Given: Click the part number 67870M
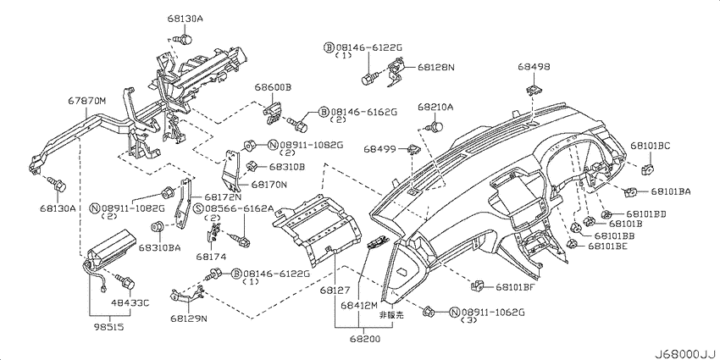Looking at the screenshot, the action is tap(87, 101).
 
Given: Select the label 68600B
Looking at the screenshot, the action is tap(274, 87).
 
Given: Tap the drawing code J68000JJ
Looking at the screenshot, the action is tap(685, 353).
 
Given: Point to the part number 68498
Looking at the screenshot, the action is tap(534, 67).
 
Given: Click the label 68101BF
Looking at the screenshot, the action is tap(516, 287).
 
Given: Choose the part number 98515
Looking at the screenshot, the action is tap(108, 328).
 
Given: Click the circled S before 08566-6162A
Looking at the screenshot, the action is tap(198, 208).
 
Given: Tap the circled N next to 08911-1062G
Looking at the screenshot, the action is tap(454, 313).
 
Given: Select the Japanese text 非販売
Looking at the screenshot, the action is tap(391, 315).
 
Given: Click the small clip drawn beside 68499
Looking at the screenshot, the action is tap(413, 148).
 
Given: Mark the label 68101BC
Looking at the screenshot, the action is tap(651, 146).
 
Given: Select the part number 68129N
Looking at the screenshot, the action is tap(189, 318).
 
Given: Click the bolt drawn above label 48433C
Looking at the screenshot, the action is tap(124, 280).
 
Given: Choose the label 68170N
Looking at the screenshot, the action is tap(269, 185).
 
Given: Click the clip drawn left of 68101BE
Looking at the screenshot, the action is tap(572, 244).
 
